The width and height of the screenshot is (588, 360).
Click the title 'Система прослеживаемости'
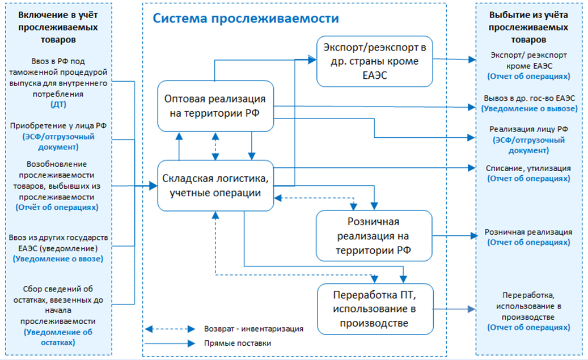tap(246, 19)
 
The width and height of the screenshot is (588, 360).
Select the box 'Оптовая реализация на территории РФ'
tap(215, 106)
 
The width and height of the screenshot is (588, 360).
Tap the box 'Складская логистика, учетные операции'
tap(215, 185)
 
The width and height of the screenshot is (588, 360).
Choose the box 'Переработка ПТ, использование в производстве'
tap(375, 310)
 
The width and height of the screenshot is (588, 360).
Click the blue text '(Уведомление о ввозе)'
tap(58, 259)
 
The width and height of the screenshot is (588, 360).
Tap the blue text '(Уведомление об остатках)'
tap(58, 337)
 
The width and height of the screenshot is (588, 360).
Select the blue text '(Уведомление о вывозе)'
tap(530, 108)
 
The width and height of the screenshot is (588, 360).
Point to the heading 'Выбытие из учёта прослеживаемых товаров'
tap(529, 27)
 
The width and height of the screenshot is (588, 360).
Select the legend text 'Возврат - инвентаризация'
tap(253, 329)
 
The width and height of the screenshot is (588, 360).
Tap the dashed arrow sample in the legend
tap(169, 329)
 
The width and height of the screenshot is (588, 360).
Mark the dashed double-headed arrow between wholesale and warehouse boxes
tap(215, 146)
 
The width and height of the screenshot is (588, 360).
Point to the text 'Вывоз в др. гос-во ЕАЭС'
tap(528, 98)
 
